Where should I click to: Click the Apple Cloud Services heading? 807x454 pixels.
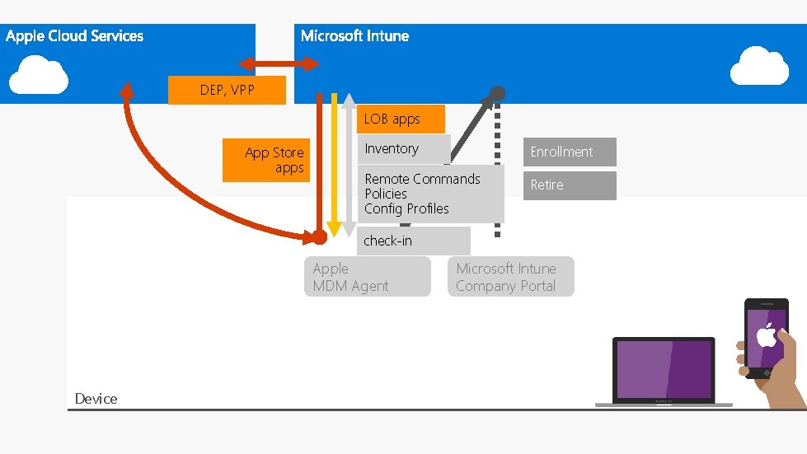74,36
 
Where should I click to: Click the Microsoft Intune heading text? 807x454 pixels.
354,36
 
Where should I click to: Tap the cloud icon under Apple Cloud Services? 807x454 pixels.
39,74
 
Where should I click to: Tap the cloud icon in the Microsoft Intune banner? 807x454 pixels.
759,67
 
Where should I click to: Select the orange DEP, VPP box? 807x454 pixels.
227,91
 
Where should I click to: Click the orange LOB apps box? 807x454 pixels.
401,119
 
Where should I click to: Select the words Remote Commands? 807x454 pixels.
422,179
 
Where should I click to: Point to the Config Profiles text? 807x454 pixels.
406,208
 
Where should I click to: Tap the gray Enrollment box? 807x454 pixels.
570,152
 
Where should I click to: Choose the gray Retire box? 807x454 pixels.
570,185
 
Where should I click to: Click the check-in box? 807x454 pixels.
413,241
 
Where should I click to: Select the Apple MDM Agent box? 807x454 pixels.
367,277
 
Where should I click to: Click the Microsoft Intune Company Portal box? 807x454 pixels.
510,277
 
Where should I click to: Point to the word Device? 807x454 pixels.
96,399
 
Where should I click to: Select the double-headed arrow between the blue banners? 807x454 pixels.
279,64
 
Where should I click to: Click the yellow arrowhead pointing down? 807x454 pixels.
334,228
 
